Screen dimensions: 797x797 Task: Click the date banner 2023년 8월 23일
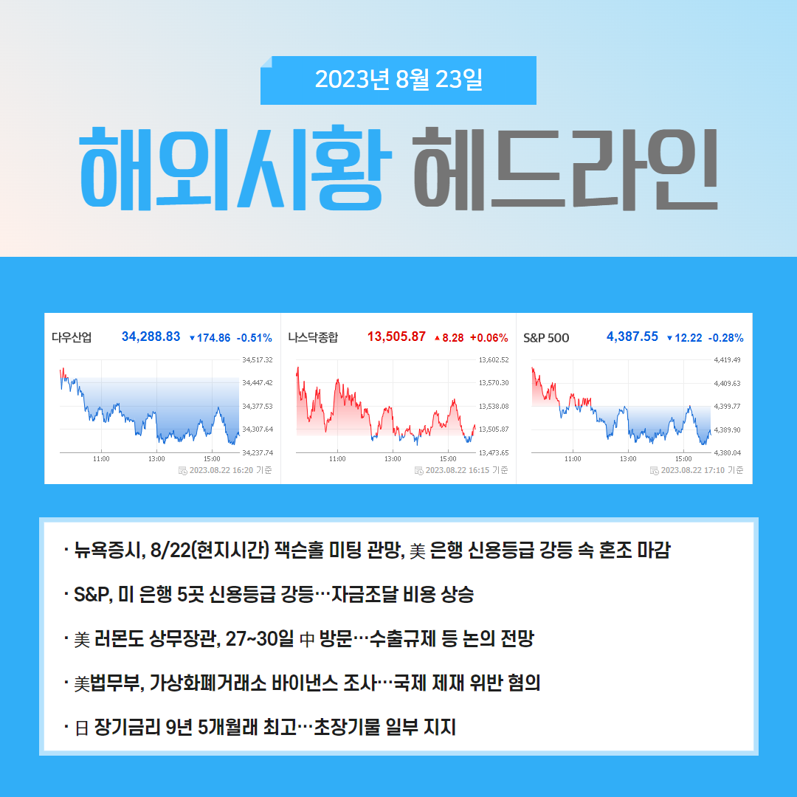click(398, 80)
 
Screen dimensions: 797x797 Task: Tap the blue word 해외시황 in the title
click(236, 169)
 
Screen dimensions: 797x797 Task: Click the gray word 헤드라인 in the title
click(566, 169)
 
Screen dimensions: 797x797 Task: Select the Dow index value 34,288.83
click(151, 337)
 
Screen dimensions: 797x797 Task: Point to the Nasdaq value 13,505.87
click(396, 337)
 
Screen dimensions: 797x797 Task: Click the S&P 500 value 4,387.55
click(632, 337)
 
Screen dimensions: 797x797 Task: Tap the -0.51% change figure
click(254, 338)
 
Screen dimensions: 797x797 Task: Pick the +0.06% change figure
click(489, 338)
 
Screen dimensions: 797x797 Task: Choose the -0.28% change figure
click(726, 338)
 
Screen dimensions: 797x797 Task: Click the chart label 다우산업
click(72, 337)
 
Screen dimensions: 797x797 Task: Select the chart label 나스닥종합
click(313, 337)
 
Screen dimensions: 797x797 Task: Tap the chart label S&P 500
click(546, 338)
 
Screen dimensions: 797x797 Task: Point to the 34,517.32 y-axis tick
click(258, 360)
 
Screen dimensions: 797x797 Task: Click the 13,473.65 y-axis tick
click(494, 452)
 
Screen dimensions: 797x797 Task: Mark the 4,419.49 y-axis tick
click(728, 360)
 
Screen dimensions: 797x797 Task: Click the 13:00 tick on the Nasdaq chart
click(393, 459)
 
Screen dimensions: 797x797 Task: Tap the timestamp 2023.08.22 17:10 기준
click(702, 470)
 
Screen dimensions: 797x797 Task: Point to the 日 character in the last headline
click(82, 728)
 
